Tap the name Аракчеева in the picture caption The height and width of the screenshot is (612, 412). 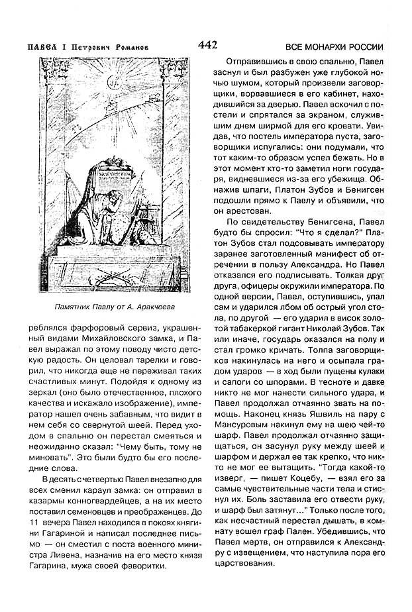156,309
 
